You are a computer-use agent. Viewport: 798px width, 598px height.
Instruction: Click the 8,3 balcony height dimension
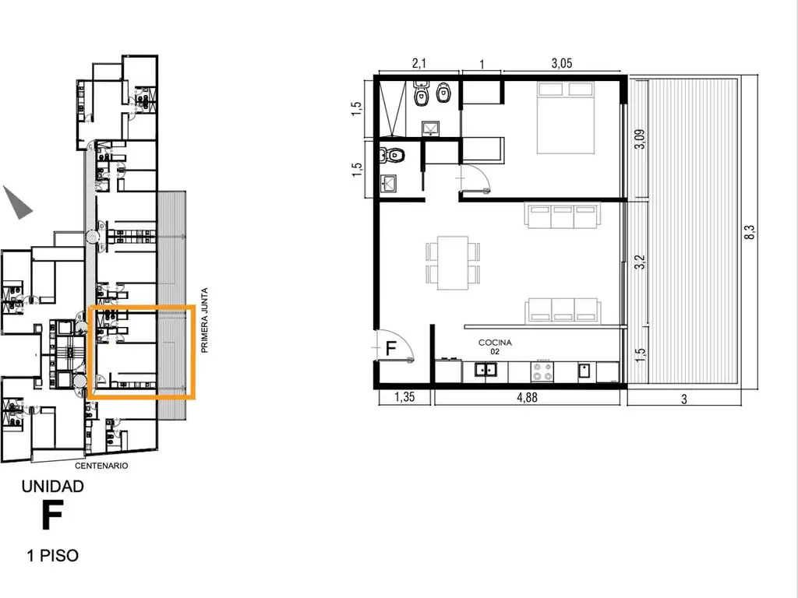click(749, 232)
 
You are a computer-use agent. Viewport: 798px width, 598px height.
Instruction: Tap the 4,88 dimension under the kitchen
click(527, 397)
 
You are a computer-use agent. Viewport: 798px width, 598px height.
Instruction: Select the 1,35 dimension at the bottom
click(404, 397)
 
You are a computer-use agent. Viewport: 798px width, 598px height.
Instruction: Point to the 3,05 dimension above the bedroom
click(561, 64)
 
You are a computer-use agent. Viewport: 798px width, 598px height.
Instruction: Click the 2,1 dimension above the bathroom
click(418, 64)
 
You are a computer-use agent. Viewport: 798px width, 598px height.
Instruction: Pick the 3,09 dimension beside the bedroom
click(640, 139)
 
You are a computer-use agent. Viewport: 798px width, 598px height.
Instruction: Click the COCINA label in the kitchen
click(495, 343)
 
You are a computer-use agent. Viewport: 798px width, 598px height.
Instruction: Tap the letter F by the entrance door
click(390, 348)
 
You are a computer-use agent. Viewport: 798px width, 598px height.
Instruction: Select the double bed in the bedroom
click(566, 118)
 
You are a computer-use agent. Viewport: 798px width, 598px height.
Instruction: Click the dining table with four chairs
click(453, 262)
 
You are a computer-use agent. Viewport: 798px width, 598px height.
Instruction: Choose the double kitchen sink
click(486, 370)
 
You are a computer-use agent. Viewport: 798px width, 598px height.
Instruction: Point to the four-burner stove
click(542, 371)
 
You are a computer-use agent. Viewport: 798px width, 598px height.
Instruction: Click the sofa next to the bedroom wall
click(563, 215)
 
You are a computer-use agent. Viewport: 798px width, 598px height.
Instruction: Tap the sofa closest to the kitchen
click(563, 310)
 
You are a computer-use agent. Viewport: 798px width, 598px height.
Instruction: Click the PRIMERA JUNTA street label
click(205, 320)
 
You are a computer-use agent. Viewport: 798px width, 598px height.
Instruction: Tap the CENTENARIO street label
click(101, 466)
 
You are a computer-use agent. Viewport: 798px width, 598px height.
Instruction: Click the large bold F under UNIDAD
click(52, 515)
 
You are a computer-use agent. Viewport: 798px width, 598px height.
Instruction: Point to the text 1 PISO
click(53, 555)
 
